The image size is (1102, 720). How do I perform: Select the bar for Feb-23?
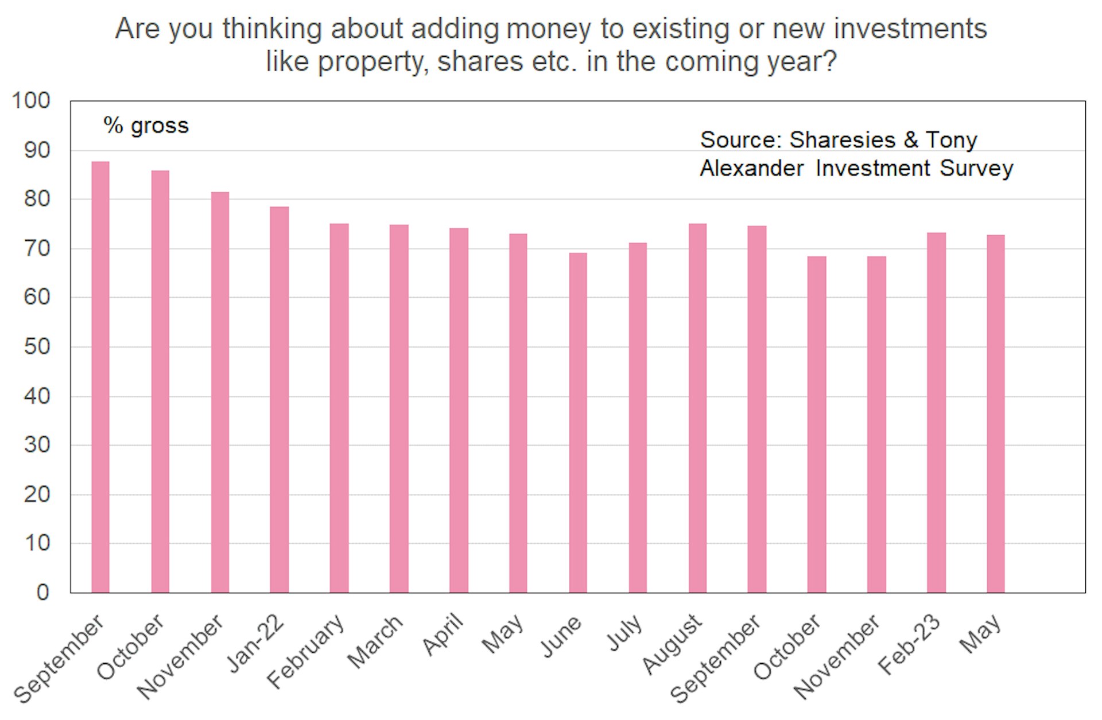936,412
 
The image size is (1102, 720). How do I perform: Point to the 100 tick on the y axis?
31,101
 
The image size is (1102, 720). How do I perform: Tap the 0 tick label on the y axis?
43,592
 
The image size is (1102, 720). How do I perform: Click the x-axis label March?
375,642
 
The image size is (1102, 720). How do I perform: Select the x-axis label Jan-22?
256,642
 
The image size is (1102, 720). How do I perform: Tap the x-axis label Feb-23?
910,644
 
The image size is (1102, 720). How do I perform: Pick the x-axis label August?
672,644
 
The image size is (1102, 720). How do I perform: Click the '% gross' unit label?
146,126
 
